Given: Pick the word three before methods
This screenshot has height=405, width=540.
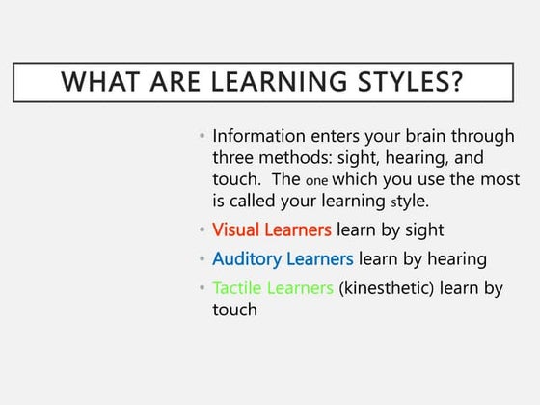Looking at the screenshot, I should [x=235, y=158].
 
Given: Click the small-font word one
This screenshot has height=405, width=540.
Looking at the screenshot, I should [x=315, y=181].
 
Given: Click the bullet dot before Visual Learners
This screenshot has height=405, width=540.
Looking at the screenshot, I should [x=202, y=230].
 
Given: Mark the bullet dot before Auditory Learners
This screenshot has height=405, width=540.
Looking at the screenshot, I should [x=202, y=259].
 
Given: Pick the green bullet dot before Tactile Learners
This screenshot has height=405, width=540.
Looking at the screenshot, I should [x=202, y=289].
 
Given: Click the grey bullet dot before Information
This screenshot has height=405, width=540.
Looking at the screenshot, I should [x=202, y=137].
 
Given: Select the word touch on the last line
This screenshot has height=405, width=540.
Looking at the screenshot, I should [x=234, y=310].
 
